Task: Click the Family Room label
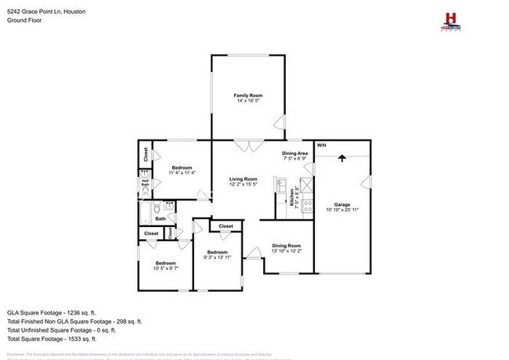246,98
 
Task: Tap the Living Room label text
243,182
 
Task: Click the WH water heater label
321,146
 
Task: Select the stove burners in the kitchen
306,186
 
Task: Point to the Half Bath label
145,185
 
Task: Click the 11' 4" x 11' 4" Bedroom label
182,170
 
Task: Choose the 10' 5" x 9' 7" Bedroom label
165,265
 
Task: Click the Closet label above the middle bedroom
226,226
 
